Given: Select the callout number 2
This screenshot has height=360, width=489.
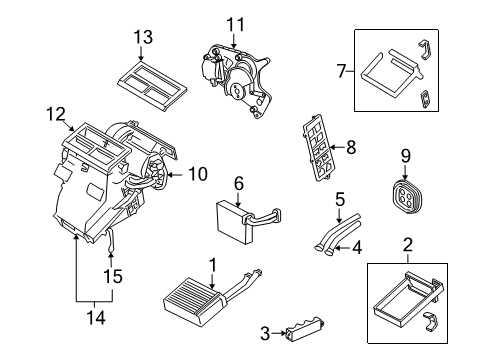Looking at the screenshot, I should point(408,243).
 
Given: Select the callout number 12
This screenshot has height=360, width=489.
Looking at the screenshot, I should point(54,114).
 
